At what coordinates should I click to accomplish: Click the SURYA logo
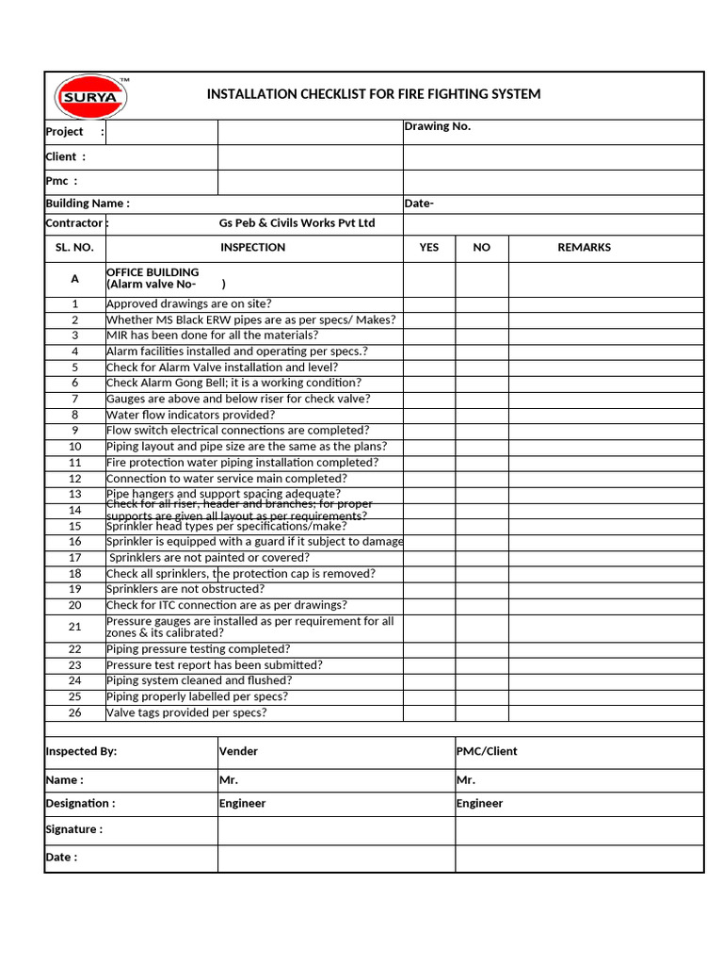(x=90, y=95)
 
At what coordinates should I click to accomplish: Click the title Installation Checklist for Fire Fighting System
(x=374, y=94)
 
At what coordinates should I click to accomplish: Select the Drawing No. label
(x=438, y=126)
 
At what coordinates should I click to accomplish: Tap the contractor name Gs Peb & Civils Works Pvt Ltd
(x=297, y=223)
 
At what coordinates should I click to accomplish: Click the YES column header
(x=428, y=248)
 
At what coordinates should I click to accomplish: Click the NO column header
(x=482, y=248)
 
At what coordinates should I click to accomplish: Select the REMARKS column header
(x=584, y=248)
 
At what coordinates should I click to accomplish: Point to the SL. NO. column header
(x=74, y=248)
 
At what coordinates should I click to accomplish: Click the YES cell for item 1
(x=429, y=304)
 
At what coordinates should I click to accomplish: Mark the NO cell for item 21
(x=482, y=628)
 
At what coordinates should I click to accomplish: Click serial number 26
(x=75, y=713)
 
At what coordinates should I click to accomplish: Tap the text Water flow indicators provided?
(x=191, y=415)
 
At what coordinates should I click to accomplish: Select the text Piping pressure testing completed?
(x=199, y=649)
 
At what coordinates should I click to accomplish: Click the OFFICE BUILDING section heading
(x=153, y=272)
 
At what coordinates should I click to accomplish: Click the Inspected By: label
(x=82, y=752)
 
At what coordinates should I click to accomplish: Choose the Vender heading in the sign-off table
(x=238, y=752)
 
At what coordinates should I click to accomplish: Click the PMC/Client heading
(x=487, y=752)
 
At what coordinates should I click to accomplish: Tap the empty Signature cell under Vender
(x=336, y=830)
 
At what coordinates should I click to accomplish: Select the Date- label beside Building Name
(x=419, y=204)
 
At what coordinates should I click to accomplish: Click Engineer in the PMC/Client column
(x=480, y=804)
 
